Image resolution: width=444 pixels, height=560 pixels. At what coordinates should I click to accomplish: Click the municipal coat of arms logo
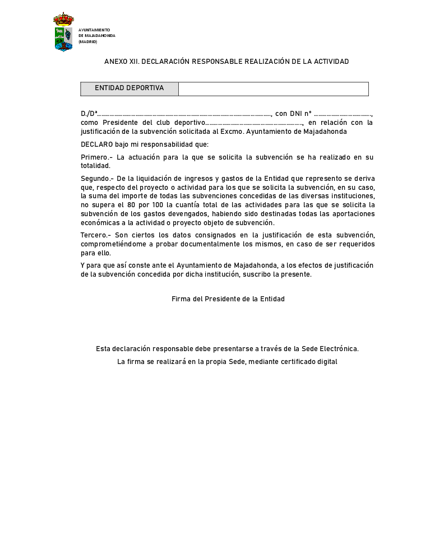pyautogui.click(x=63, y=32)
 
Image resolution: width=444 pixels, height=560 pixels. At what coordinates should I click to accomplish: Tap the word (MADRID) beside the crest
pyautogui.click(x=88, y=42)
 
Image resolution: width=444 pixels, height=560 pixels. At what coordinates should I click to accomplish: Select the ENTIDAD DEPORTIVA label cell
pyautogui.click(x=129, y=88)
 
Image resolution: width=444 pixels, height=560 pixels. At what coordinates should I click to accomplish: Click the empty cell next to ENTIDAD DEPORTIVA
pyautogui.click(x=273, y=89)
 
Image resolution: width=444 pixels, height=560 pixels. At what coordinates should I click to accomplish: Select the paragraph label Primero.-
pyautogui.click(x=96, y=157)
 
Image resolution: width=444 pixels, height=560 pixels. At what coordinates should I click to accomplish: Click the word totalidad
pyautogui.click(x=96, y=166)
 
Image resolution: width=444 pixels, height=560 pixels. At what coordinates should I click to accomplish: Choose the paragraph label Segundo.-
pyautogui.click(x=98, y=179)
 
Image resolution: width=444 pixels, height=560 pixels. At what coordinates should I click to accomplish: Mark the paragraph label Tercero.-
pyautogui.click(x=96, y=235)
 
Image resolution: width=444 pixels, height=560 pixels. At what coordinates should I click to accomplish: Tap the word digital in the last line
pyautogui.click(x=326, y=362)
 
